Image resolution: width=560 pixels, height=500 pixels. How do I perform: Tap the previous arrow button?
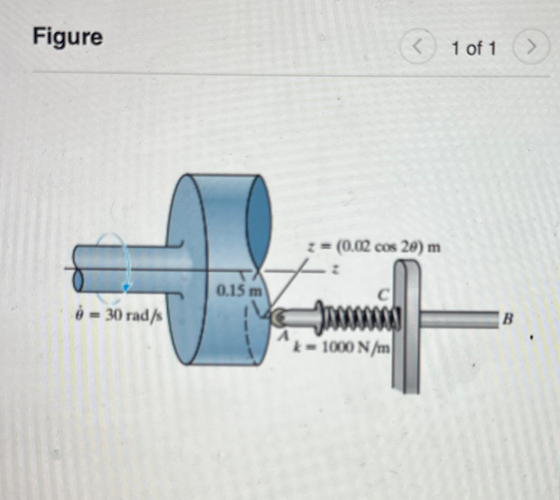click(418, 48)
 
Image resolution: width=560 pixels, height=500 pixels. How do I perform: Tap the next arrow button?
click(531, 48)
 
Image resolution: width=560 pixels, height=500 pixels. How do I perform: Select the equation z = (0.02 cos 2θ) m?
click(374, 248)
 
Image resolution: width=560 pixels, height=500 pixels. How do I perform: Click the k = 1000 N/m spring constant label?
click(341, 347)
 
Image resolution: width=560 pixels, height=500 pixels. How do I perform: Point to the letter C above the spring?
click(384, 294)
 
